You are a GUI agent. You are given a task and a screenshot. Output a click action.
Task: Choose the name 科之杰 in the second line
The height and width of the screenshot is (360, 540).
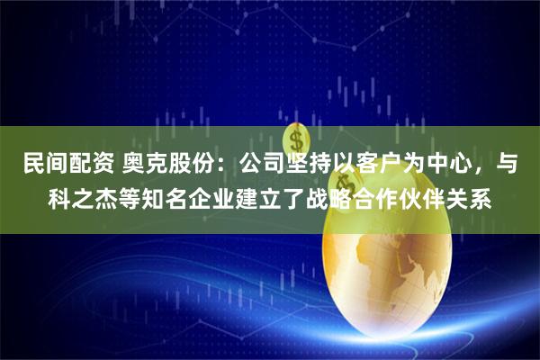click(x=87, y=197)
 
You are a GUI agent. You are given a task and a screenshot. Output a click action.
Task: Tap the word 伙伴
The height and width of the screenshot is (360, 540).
click(x=440, y=197)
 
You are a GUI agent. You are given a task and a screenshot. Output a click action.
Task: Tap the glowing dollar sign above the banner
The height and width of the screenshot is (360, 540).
click(x=294, y=138)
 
